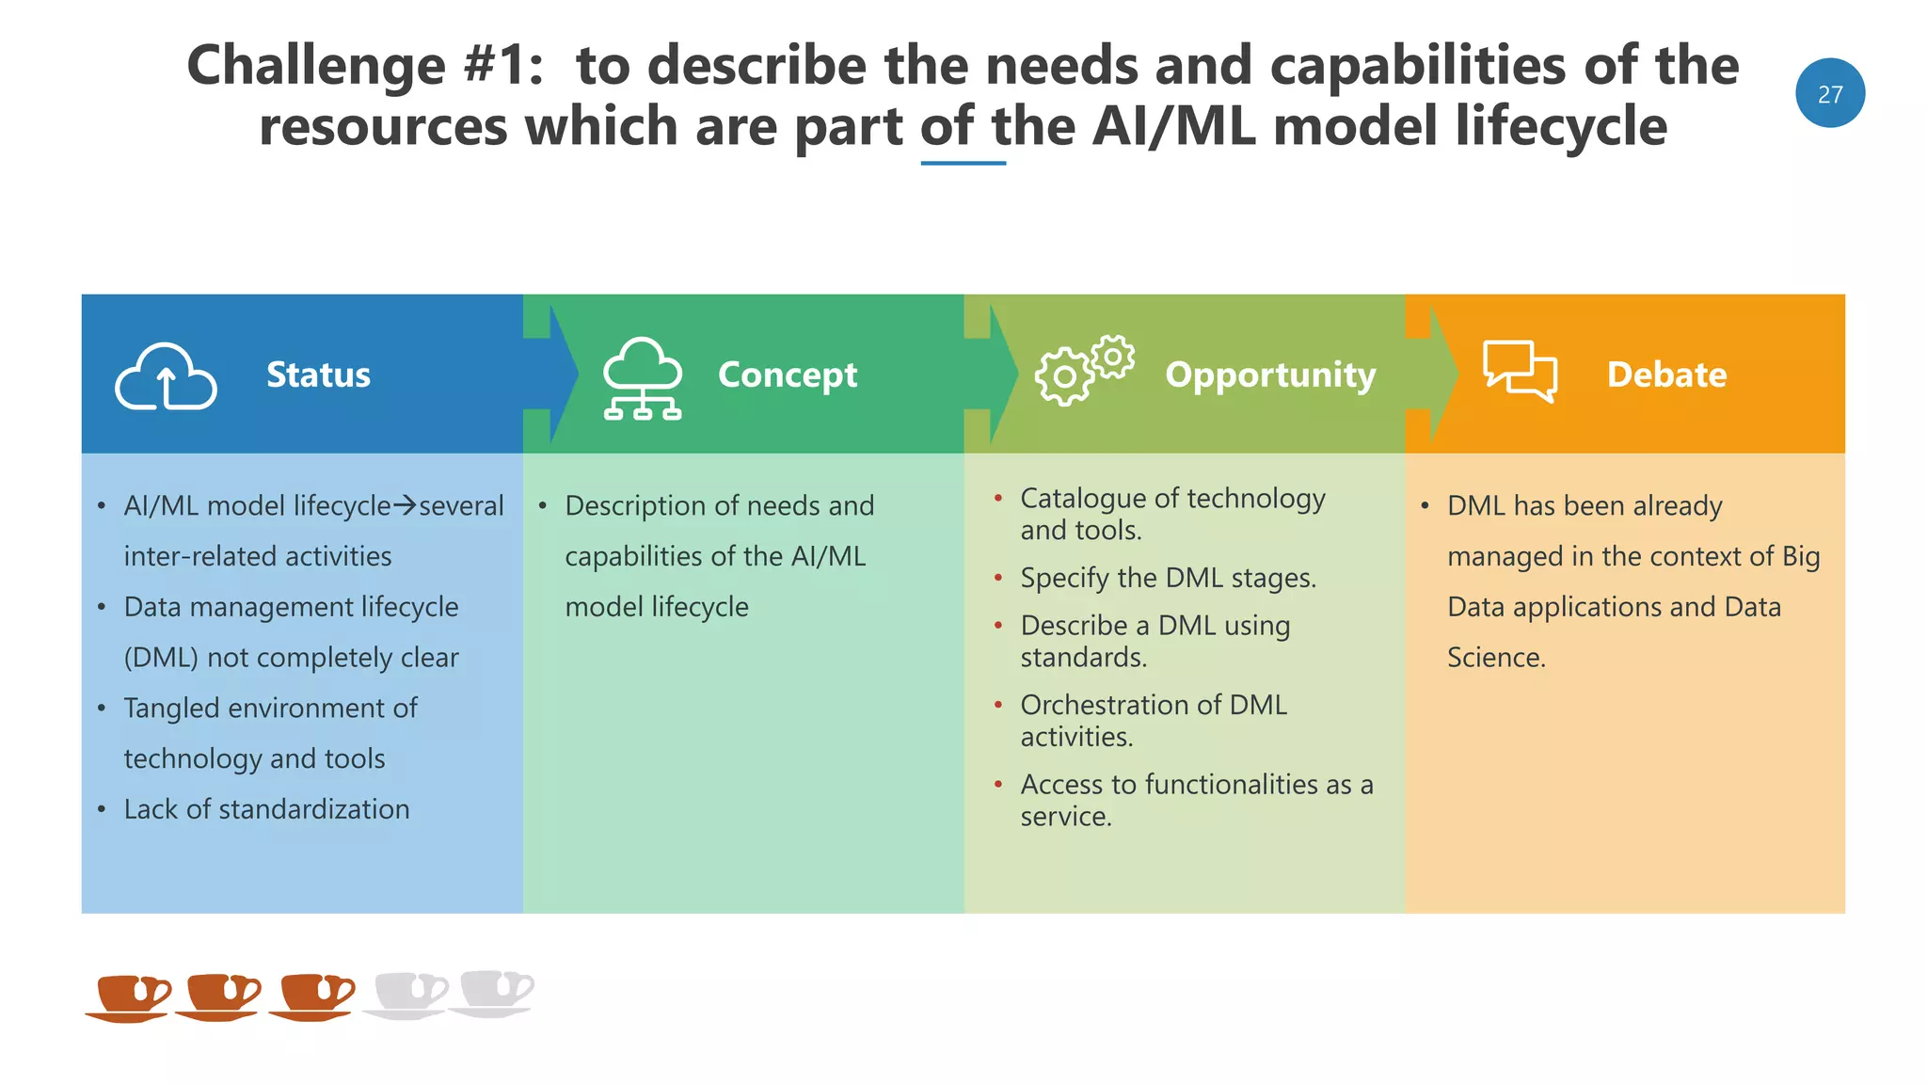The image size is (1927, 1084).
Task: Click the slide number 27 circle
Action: (x=1829, y=93)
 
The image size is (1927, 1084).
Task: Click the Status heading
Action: (x=318, y=375)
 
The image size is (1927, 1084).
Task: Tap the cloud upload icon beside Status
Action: (x=166, y=377)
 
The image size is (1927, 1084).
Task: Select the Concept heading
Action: (x=787, y=375)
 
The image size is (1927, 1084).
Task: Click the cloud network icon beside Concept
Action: (x=643, y=378)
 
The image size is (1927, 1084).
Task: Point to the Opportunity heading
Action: (x=1270, y=375)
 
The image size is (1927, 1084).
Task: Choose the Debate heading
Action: (x=1666, y=375)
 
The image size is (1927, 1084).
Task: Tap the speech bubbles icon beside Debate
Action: (x=1520, y=371)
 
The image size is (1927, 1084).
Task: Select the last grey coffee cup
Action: (x=493, y=993)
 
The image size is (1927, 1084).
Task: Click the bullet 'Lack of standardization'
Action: (x=266, y=809)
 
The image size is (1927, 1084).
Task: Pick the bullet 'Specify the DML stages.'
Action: (x=1168, y=578)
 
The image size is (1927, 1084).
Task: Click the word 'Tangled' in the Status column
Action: (x=172, y=708)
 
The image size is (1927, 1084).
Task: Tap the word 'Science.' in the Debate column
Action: (x=1496, y=658)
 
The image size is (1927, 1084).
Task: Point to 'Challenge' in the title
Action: (x=316, y=66)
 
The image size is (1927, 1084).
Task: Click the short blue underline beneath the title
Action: (x=963, y=164)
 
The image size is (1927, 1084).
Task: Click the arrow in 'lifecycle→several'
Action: (x=405, y=505)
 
